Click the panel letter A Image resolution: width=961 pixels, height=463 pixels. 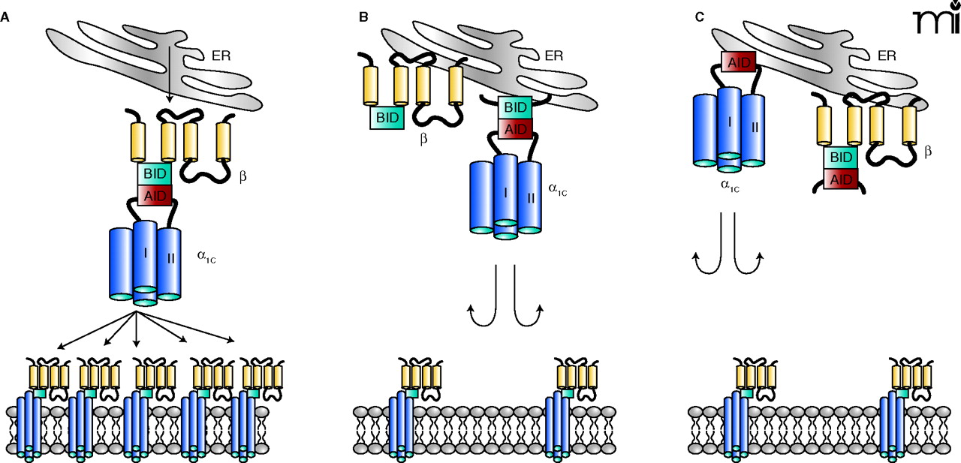pyautogui.click(x=5, y=16)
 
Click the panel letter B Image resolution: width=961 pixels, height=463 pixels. pyautogui.click(x=363, y=16)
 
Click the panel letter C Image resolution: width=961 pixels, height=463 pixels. pyautogui.click(x=699, y=16)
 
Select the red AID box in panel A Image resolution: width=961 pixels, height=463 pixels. pyautogui.click(x=154, y=195)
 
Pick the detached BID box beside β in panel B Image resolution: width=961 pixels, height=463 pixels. pyautogui.click(x=387, y=117)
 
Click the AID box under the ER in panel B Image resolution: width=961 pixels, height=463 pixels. pyautogui.click(x=515, y=128)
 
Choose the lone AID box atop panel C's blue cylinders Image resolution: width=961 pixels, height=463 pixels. pyautogui.click(x=738, y=62)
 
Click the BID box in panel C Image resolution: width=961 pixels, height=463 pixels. pyautogui.click(x=842, y=158)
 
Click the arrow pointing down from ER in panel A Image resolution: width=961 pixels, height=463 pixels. pyautogui.click(x=169, y=75)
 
